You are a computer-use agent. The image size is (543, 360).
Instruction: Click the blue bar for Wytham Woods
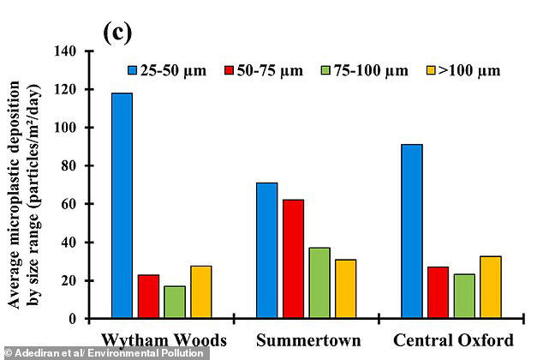pyautogui.click(x=121, y=206)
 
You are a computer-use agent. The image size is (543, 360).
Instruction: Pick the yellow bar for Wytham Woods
pyautogui.click(x=201, y=292)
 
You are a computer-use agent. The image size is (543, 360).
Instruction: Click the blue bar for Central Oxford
pyautogui.click(x=410, y=231)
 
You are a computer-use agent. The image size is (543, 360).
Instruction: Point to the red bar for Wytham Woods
pyautogui.click(x=148, y=297)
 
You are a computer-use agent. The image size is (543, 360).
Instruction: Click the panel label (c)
pyautogui.click(x=117, y=32)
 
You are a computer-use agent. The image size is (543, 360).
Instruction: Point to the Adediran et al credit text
pyautogui.click(x=102, y=353)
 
